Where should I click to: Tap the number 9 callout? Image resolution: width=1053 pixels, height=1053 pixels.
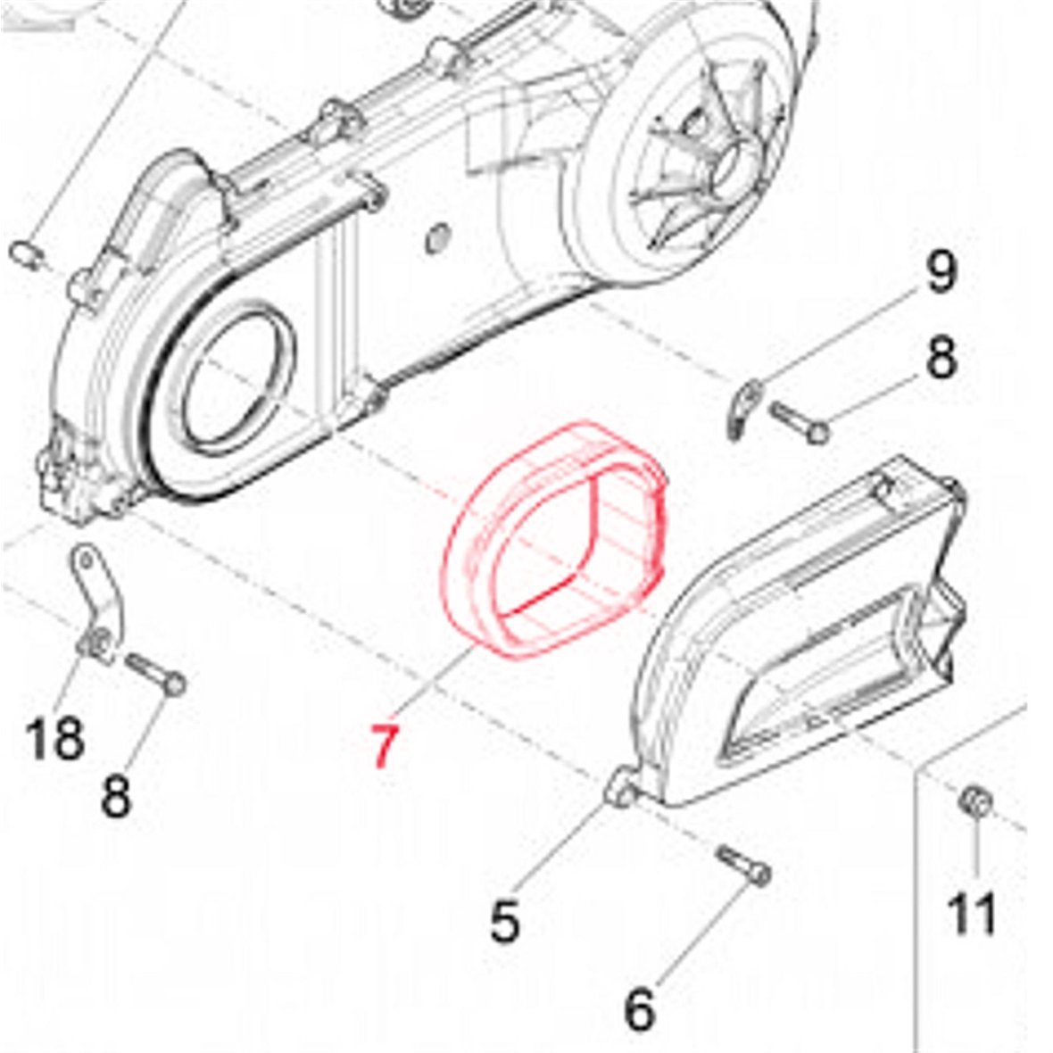[x=939, y=272]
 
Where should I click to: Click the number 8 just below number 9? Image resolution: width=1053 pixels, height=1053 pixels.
[x=939, y=357]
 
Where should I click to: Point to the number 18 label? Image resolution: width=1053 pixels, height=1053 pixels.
[x=55, y=738]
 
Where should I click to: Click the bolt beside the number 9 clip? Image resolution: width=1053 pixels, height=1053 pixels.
[x=799, y=422]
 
